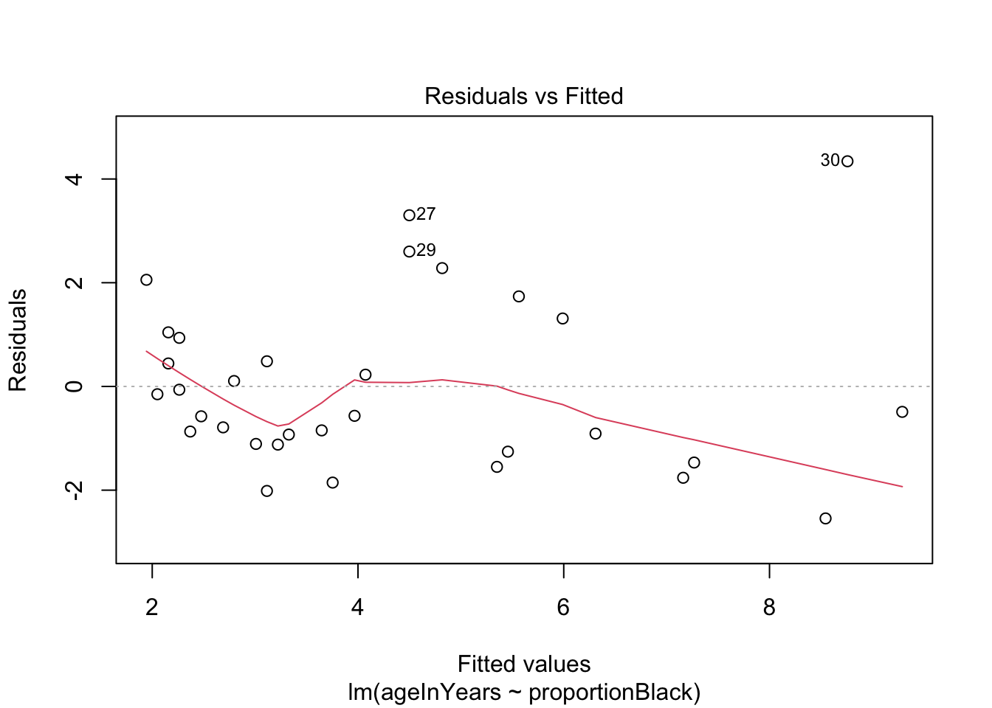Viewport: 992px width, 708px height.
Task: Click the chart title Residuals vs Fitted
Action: point(523,96)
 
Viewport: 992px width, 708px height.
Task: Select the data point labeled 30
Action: point(847,162)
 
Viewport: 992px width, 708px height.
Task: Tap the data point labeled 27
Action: point(409,215)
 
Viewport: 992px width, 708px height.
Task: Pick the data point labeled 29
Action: point(409,251)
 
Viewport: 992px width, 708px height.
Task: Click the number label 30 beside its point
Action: point(830,160)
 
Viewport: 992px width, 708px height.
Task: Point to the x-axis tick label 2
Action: point(152,608)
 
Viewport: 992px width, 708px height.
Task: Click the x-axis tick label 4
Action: point(358,608)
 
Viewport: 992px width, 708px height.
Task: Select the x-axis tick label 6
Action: point(563,608)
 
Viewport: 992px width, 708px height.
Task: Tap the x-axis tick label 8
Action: point(769,608)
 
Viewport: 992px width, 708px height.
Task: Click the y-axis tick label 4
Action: point(74,179)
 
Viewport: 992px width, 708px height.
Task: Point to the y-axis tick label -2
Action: point(74,490)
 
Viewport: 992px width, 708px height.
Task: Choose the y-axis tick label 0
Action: point(74,386)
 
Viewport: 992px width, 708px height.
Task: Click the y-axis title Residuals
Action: point(18,340)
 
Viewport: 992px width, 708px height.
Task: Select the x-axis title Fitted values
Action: point(523,664)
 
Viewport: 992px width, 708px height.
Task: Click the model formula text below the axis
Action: point(523,692)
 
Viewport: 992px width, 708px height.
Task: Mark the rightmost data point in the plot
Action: point(902,412)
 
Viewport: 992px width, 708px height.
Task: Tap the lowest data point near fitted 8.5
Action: point(825,518)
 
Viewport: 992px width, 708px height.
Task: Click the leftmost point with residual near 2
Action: point(146,280)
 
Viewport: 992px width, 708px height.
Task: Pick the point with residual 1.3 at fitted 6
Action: point(562,319)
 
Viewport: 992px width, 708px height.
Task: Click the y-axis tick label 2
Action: point(74,282)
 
